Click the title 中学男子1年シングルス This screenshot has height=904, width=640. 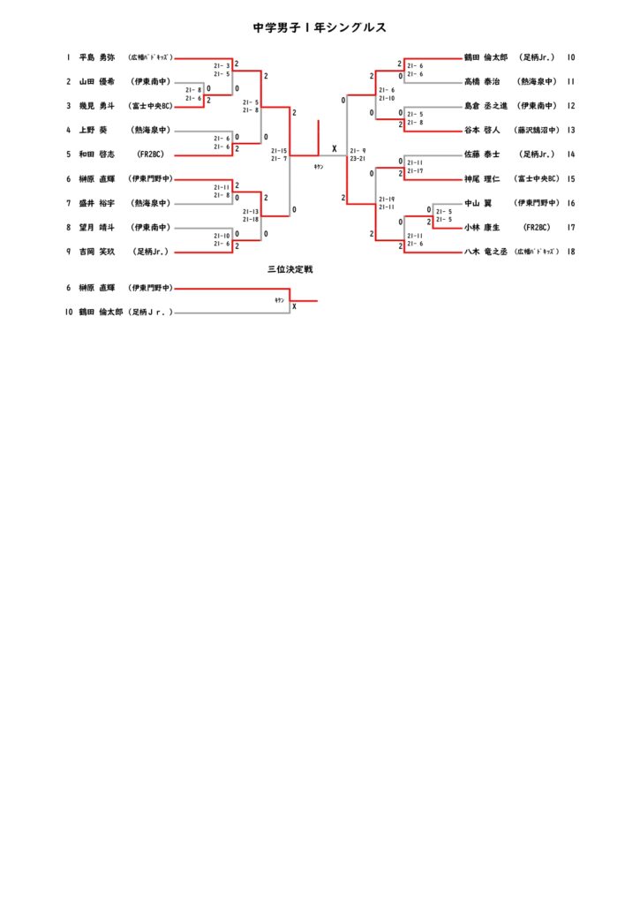point(320,27)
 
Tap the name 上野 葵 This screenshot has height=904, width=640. point(93,130)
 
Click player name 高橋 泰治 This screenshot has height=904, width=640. point(482,82)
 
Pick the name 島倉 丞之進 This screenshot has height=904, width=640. point(486,106)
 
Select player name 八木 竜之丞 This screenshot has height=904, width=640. point(486,252)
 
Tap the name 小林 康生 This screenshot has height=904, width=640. point(482,227)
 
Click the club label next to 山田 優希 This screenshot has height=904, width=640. point(151,82)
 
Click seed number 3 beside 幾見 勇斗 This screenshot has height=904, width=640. point(68,106)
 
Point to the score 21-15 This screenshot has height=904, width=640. point(279,150)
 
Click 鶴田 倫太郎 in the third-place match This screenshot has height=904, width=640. point(100,313)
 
